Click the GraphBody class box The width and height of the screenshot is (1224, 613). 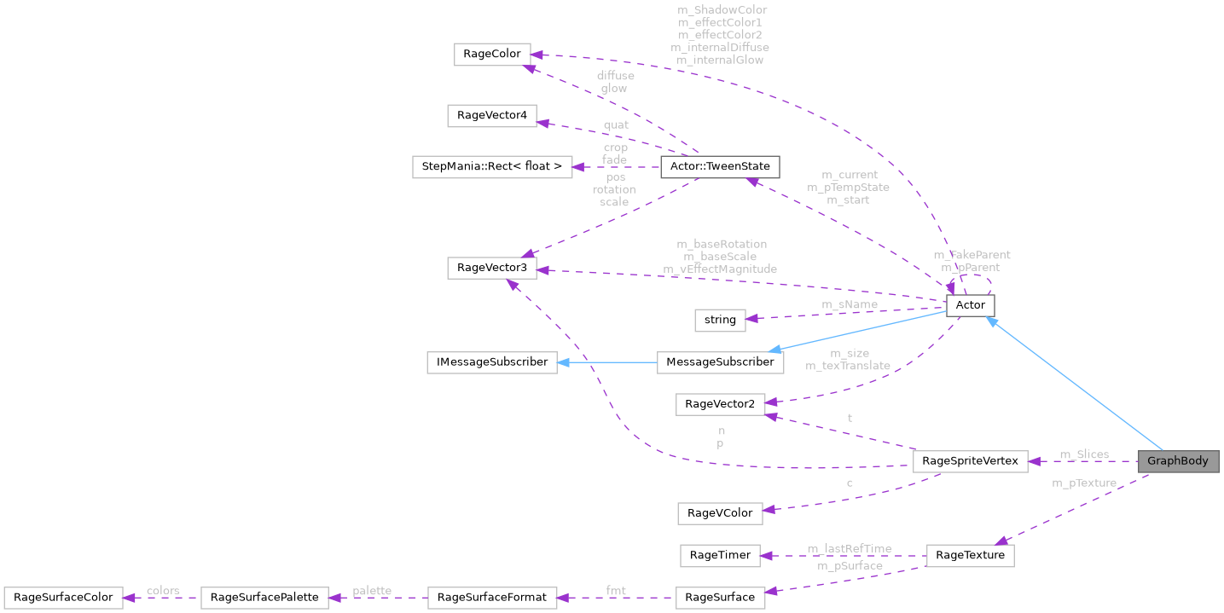coord(1178,461)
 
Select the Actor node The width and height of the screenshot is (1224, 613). coord(971,305)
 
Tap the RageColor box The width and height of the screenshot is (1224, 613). coord(492,55)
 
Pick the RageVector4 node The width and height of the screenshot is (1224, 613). coord(492,115)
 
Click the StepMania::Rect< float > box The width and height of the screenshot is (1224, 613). coord(492,166)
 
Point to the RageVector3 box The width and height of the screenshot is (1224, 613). coord(492,269)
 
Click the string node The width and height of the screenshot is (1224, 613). coord(720,320)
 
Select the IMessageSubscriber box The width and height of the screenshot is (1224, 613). coord(492,361)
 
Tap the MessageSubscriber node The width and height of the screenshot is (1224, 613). coord(720,361)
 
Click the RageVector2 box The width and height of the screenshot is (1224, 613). coord(720,403)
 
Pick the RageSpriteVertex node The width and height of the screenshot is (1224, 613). coord(971,461)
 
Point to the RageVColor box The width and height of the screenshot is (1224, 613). coord(720,512)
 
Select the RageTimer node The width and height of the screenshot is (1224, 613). coord(720,555)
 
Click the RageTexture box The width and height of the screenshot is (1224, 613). coord(971,555)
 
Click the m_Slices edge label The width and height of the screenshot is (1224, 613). coord(1084,454)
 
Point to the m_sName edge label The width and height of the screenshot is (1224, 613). coord(850,304)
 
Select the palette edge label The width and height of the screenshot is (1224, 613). coord(371,590)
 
